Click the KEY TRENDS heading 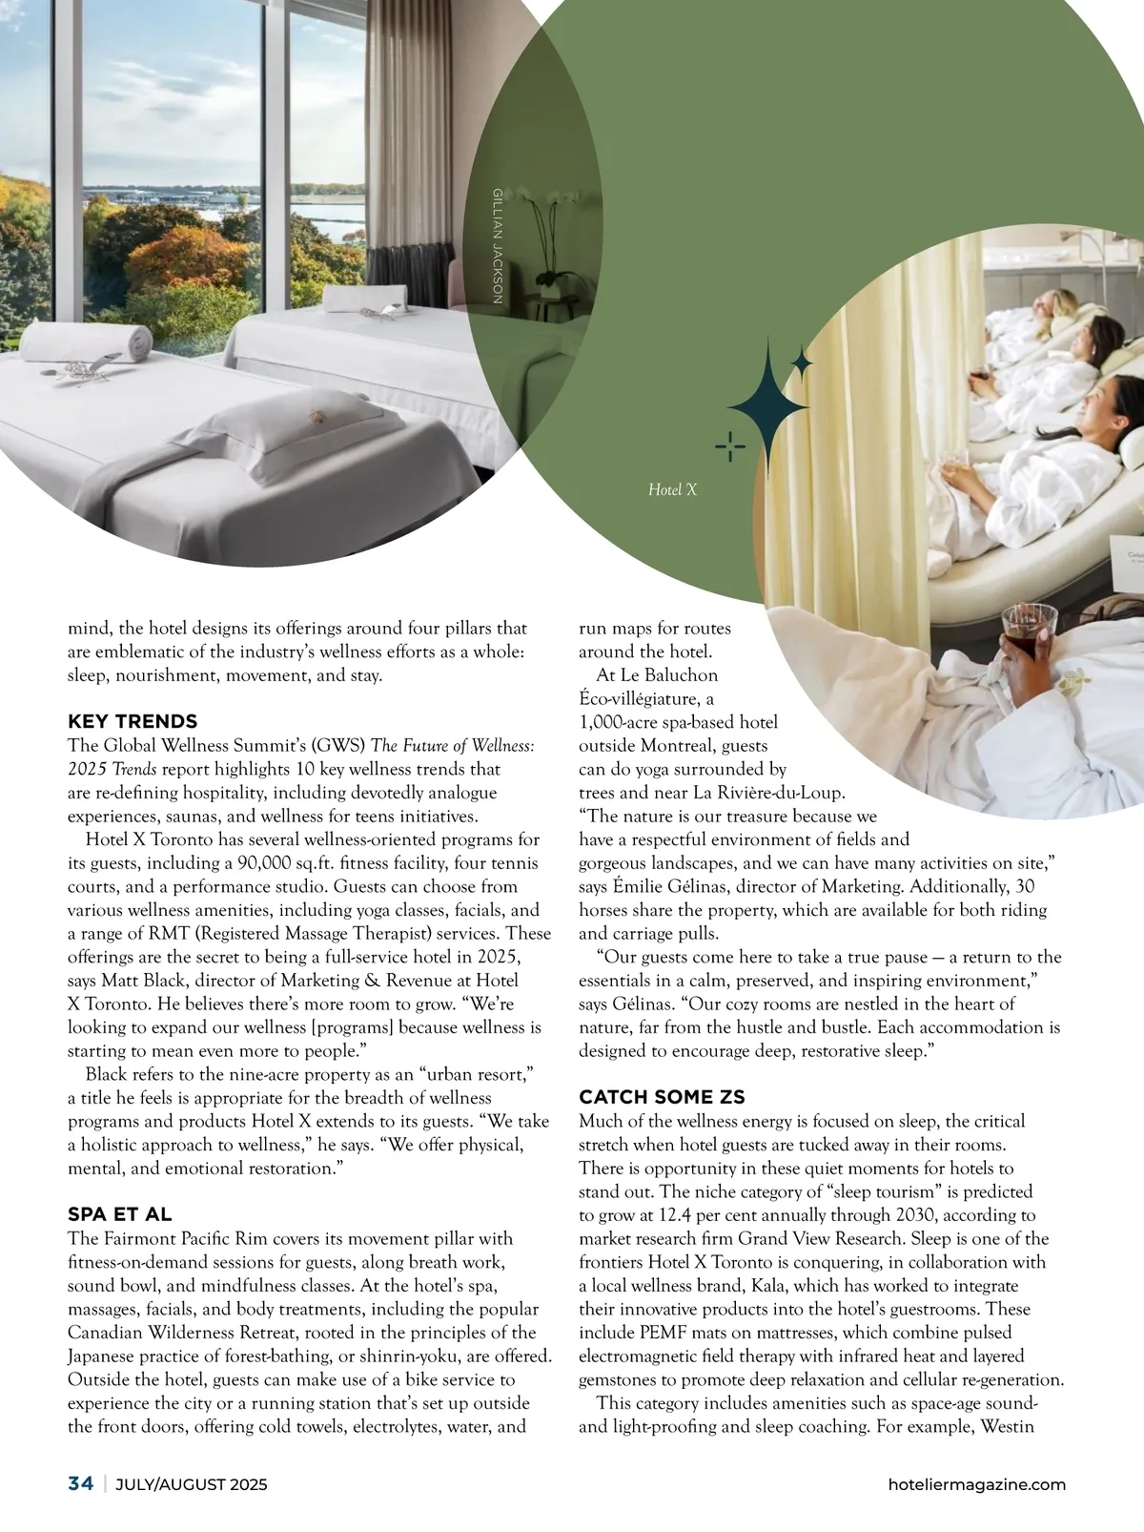pyautogui.click(x=133, y=721)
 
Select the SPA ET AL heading pyautogui.click(x=120, y=1214)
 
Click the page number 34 pyautogui.click(x=80, y=1483)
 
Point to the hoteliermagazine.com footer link pyautogui.click(x=976, y=1484)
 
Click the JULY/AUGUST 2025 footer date pyautogui.click(x=192, y=1484)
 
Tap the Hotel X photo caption pyautogui.click(x=672, y=489)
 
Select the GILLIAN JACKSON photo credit pyautogui.click(x=497, y=246)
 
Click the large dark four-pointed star pyautogui.click(x=766, y=401)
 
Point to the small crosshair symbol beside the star pyautogui.click(x=729, y=445)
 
